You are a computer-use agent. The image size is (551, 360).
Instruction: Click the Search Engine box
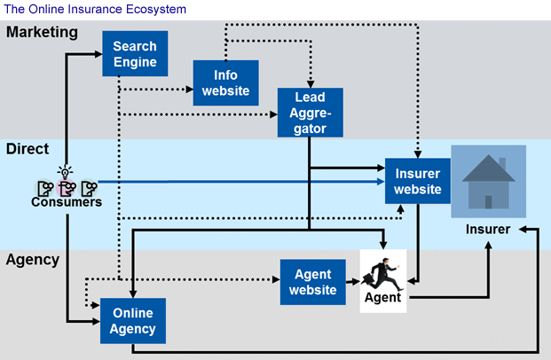tap(135, 54)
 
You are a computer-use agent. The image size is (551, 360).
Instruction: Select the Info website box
tap(225, 83)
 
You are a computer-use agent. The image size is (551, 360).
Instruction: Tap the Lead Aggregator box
tap(309, 113)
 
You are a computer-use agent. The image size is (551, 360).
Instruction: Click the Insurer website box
tap(417, 181)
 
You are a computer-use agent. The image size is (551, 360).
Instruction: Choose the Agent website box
tap(312, 282)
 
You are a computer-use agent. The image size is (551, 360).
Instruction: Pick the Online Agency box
tap(133, 321)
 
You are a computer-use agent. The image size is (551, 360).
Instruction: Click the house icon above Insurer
tap(489, 182)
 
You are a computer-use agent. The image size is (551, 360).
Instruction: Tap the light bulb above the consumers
tap(65, 171)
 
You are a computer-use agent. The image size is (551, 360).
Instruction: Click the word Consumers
tap(67, 202)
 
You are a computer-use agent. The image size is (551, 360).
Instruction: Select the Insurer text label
tap(488, 230)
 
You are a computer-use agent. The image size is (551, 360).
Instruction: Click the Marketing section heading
tap(42, 33)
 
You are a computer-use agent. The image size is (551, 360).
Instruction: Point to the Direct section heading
tap(28, 149)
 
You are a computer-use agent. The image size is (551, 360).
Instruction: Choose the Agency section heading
tap(33, 260)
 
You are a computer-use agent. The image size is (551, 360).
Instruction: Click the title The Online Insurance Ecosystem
tap(95, 9)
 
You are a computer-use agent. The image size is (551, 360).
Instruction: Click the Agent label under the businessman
tap(383, 298)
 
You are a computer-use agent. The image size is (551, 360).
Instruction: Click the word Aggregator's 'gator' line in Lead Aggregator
tap(309, 129)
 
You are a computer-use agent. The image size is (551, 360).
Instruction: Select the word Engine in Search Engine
tap(135, 62)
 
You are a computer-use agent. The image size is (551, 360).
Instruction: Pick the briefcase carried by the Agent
tap(368, 281)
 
